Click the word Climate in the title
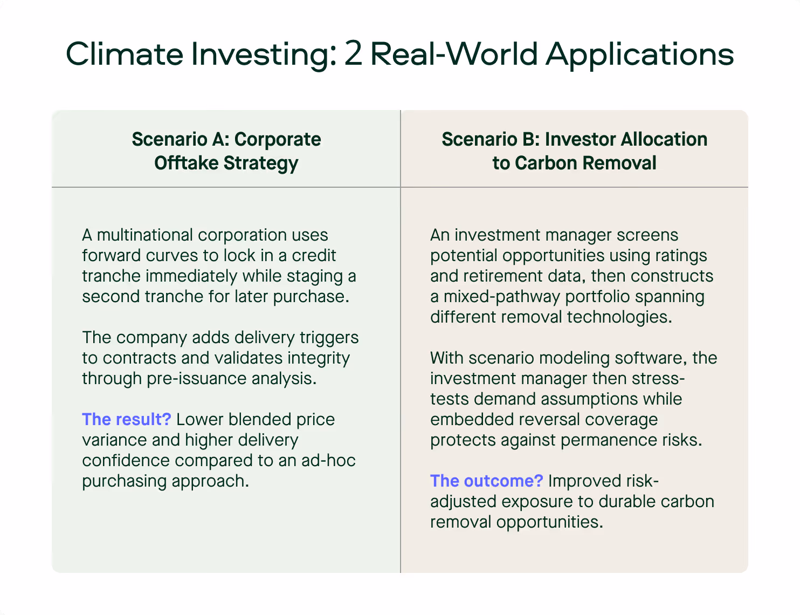125,54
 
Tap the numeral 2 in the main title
353,54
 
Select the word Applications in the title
639,54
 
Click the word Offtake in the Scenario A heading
187,163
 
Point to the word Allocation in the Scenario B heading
664,139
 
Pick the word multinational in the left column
145,235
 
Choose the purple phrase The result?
127,419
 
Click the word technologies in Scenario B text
619,317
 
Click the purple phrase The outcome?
487,481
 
